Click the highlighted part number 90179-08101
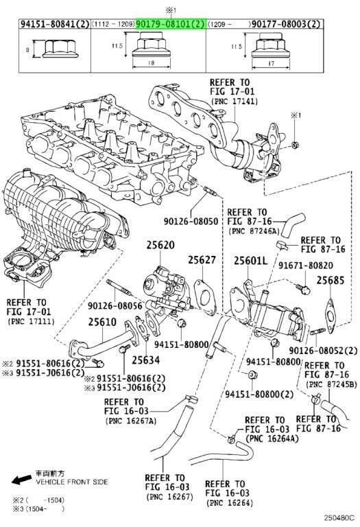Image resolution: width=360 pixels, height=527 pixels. click(165, 24)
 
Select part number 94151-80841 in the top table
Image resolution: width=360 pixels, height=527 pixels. click(50, 24)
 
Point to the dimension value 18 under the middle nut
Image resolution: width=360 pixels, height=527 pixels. click(151, 62)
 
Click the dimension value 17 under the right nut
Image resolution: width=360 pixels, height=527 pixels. click(272, 63)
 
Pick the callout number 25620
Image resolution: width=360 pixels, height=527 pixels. click(160, 245)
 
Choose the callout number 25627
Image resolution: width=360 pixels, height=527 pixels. click(202, 260)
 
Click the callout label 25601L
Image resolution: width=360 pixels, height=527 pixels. click(250, 260)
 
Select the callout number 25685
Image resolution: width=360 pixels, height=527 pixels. click(331, 280)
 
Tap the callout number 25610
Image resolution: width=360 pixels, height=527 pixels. click(102, 322)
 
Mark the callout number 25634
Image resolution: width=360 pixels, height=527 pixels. click(146, 360)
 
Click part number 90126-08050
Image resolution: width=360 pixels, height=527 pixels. click(191, 221)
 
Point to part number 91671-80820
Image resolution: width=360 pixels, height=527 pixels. click(306, 266)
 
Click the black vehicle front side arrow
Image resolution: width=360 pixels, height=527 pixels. click(22, 480)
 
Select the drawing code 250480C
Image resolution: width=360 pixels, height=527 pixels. click(339, 517)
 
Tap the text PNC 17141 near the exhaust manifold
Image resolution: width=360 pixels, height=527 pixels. click(235, 101)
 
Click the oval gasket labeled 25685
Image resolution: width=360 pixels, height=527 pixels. click(331, 316)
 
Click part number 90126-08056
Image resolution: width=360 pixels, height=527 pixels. click(115, 305)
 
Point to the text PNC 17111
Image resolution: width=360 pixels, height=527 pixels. click(31, 321)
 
